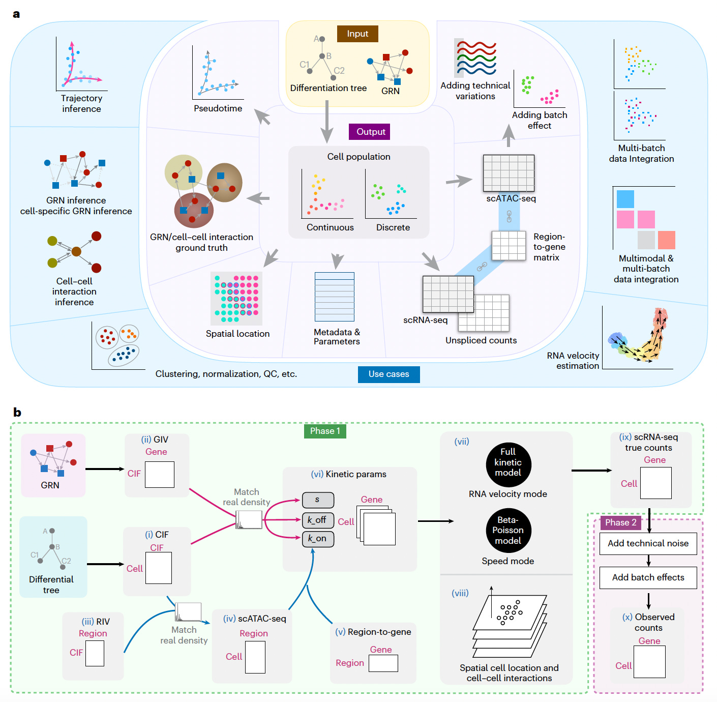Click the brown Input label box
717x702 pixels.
coord(357,34)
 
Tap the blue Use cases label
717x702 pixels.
coord(389,374)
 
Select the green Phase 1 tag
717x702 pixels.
coord(325,431)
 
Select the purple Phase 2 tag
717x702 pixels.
coord(620,522)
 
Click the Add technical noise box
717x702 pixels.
coord(648,543)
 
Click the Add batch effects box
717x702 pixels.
coord(648,577)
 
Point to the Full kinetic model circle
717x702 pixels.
coord(508,462)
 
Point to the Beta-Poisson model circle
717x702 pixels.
coord(508,530)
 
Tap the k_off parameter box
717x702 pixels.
coord(318,520)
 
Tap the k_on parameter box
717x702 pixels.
coord(318,539)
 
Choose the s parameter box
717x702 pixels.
coord(318,500)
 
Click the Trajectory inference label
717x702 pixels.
coord(81,103)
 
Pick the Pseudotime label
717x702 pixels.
coord(218,108)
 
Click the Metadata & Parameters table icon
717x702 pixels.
coord(334,297)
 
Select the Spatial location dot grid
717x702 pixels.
coord(236,299)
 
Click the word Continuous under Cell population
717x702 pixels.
coord(330,227)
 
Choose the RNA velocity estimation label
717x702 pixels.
coord(573,361)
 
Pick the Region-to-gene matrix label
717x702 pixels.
coord(549,247)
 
